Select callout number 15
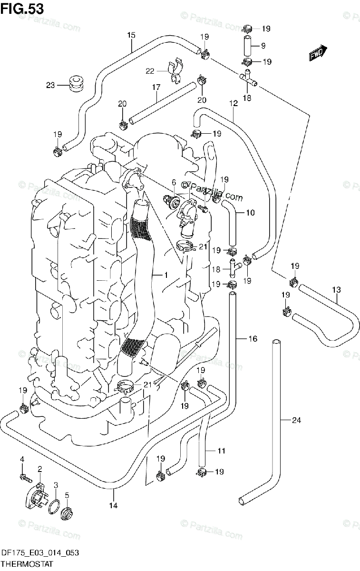(131, 35)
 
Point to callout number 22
(150, 71)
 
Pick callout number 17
(155, 87)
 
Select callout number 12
(233, 103)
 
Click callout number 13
(337, 289)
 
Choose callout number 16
(253, 339)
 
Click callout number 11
(222, 451)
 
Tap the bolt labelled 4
(24, 476)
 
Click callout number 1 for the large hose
(166, 275)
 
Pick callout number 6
(174, 182)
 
